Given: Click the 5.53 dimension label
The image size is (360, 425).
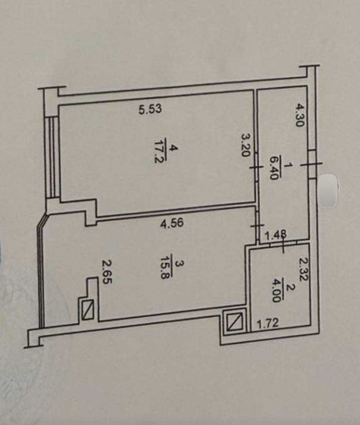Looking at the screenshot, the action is [x=150, y=109].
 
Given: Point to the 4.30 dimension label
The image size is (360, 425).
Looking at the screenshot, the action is [x=300, y=115].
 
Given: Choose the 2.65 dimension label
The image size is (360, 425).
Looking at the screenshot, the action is [x=107, y=271].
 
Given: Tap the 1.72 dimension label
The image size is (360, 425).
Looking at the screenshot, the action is [x=268, y=324].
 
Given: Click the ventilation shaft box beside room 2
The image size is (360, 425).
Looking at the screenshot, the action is [x=234, y=321].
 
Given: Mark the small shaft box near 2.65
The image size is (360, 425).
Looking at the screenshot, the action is [x=88, y=309].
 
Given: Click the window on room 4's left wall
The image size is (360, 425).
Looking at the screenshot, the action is [x=52, y=157].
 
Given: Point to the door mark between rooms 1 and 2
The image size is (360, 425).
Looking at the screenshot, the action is [x=283, y=242].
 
